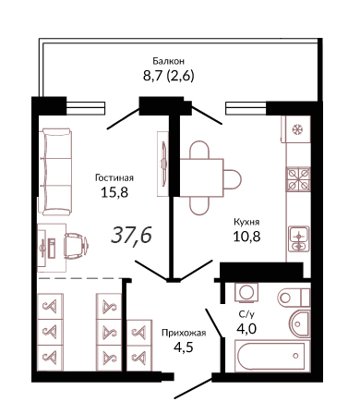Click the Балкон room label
click(x=169, y=61)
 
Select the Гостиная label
click(x=114, y=177)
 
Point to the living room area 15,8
click(x=114, y=192)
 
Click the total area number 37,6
click(x=131, y=235)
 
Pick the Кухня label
click(x=246, y=222)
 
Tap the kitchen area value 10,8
click(x=246, y=237)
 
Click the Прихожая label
click(x=184, y=333)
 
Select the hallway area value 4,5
click(x=184, y=347)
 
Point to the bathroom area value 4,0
click(x=246, y=329)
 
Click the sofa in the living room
click(x=55, y=172)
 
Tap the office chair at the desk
click(x=76, y=245)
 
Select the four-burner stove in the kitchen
click(x=298, y=179)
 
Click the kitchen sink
click(x=298, y=239)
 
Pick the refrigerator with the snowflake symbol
click(x=295, y=129)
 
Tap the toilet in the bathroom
click(x=294, y=298)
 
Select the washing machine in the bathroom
click(x=246, y=292)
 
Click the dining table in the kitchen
click(x=201, y=177)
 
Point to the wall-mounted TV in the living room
click(x=163, y=164)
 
